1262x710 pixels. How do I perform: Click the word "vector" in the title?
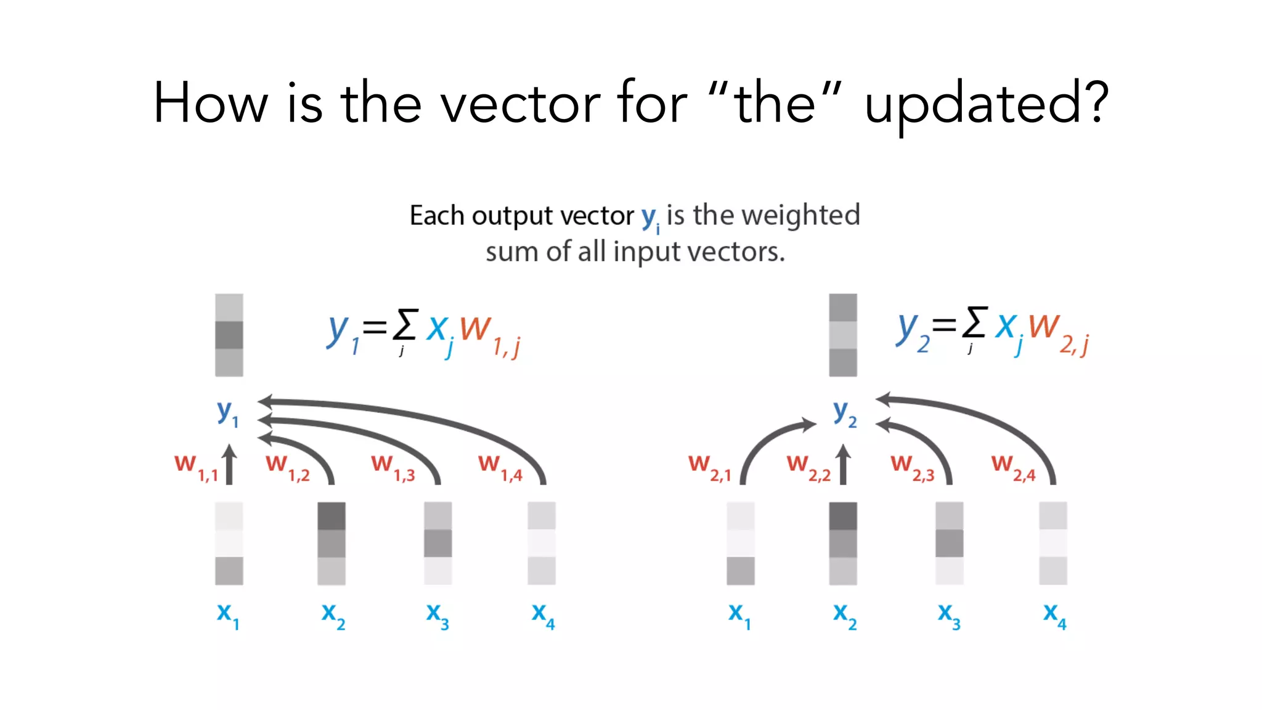[521, 104]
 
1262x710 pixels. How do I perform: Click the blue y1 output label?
[227, 412]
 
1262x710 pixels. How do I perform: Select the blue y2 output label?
[844, 412]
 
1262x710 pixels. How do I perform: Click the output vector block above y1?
[229, 335]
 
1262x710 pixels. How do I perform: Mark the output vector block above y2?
[843, 335]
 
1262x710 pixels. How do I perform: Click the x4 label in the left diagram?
[543, 614]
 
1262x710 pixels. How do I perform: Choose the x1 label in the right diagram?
[739, 614]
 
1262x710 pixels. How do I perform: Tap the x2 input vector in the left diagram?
[332, 543]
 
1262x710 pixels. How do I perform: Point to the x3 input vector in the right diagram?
[949, 543]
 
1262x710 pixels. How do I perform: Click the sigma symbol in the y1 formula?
[405, 325]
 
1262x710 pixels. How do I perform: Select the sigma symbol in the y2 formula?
[975, 322]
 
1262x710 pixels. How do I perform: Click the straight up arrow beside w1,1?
[229, 464]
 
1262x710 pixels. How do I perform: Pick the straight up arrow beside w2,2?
[844, 464]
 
